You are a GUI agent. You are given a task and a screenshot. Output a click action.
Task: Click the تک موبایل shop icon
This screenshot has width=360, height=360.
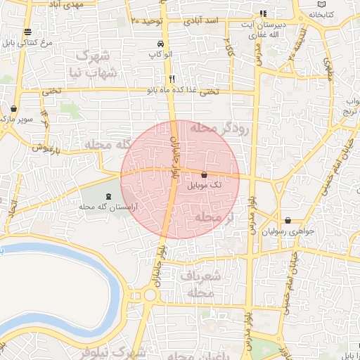coord(204,174)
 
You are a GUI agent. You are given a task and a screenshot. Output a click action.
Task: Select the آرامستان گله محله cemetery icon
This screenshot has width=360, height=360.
coord(108,197)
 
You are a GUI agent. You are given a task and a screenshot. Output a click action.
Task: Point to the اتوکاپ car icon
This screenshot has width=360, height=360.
coord(160,44)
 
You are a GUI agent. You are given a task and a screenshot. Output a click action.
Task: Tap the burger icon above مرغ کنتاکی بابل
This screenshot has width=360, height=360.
coord(27,32)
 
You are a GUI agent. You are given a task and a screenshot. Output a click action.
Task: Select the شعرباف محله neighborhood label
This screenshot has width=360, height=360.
coord(200,283)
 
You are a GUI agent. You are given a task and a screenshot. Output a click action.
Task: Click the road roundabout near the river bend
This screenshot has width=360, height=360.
coord(149,295)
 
